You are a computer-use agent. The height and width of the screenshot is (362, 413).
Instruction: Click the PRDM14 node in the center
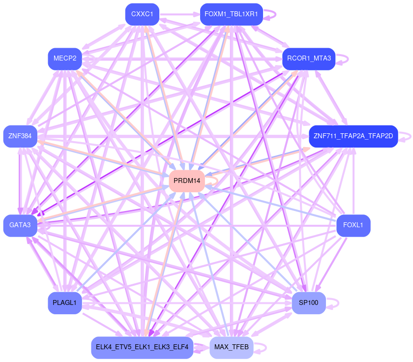point(187,181)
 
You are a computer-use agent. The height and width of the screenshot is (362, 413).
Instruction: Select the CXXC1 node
point(142,14)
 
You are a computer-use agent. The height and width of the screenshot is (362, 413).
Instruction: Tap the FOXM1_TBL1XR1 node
point(231,14)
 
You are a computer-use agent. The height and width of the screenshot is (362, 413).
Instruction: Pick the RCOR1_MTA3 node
point(309,59)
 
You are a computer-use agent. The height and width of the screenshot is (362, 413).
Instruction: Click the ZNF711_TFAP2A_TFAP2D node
point(353,136)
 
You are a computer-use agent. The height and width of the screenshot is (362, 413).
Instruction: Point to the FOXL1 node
point(353,226)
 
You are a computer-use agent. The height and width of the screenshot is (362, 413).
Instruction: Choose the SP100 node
point(309,302)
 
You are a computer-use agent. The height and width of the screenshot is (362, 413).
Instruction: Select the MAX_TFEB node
point(231,347)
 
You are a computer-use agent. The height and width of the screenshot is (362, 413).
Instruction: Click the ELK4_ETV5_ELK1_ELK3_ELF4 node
point(142,347)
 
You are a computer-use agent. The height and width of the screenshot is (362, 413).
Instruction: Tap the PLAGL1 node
point(64,302)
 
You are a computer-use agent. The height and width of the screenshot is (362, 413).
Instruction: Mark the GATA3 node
point(20,226)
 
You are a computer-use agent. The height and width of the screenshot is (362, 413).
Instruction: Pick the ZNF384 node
point(20,136)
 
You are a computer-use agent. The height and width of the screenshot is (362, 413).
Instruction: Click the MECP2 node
point(64,59)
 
